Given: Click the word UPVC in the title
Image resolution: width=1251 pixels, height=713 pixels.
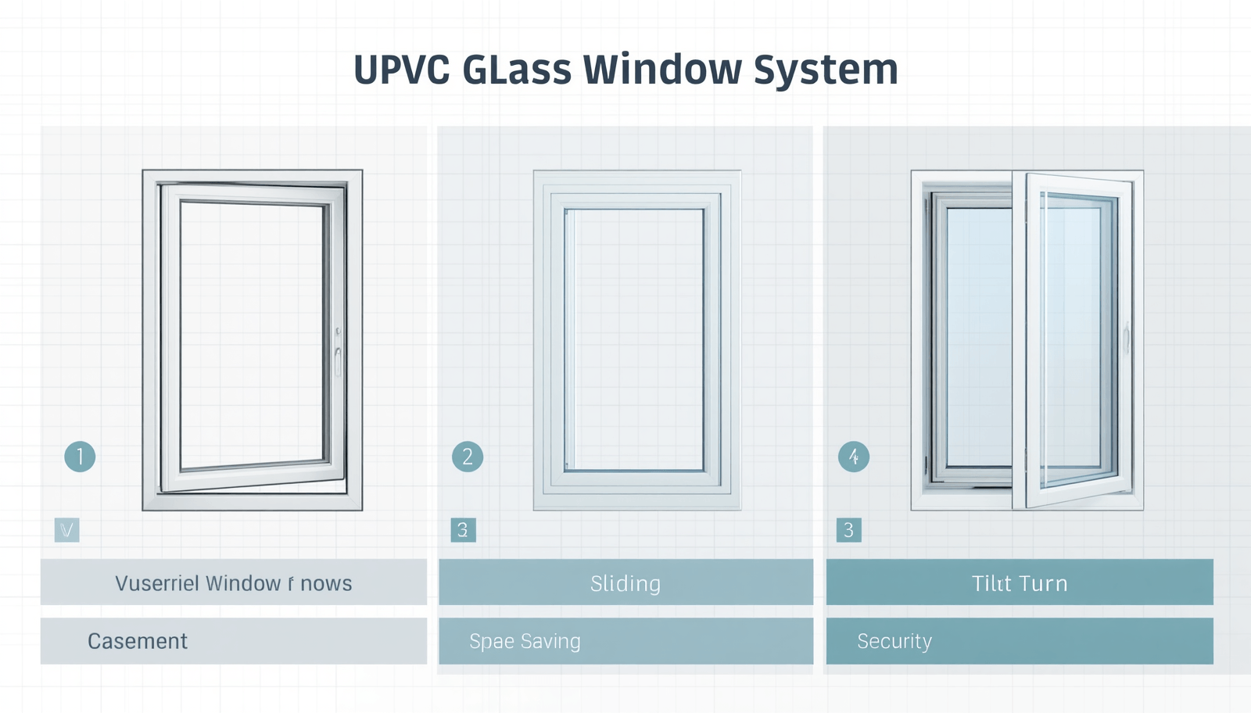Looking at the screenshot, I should [x=401, y=70].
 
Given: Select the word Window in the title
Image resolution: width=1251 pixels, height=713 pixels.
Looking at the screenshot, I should [x=662, y=70].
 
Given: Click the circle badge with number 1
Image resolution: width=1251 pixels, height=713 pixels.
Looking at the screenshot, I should [x=80, y=457].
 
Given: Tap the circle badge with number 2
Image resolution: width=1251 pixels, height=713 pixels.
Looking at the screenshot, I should [x=468, y=457].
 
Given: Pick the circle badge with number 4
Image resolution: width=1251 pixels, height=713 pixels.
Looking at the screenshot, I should [x=854, y=457].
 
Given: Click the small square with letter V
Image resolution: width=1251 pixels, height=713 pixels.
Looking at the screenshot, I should [x=67, y=530].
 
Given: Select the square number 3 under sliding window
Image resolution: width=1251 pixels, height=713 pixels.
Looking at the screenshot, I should [x=463, y=530].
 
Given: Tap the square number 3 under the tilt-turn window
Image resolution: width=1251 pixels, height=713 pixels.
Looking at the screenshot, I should [x=848, y=530].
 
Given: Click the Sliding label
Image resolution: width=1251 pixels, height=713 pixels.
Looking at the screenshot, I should [x=625, y=583].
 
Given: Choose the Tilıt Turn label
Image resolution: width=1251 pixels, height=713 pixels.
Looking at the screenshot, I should [x=1020, y=583].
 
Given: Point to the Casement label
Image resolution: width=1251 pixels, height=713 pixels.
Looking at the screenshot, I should [x=138, y=641].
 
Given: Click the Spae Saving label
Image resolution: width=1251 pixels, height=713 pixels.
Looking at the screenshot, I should [x=525, y=641].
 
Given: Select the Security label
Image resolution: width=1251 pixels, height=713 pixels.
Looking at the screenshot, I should [x=894, y=641].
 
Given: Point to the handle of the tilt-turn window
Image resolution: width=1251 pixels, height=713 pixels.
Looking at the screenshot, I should [x=1127, y=338].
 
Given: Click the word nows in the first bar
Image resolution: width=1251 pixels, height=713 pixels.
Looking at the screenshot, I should [x=326, y=583].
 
